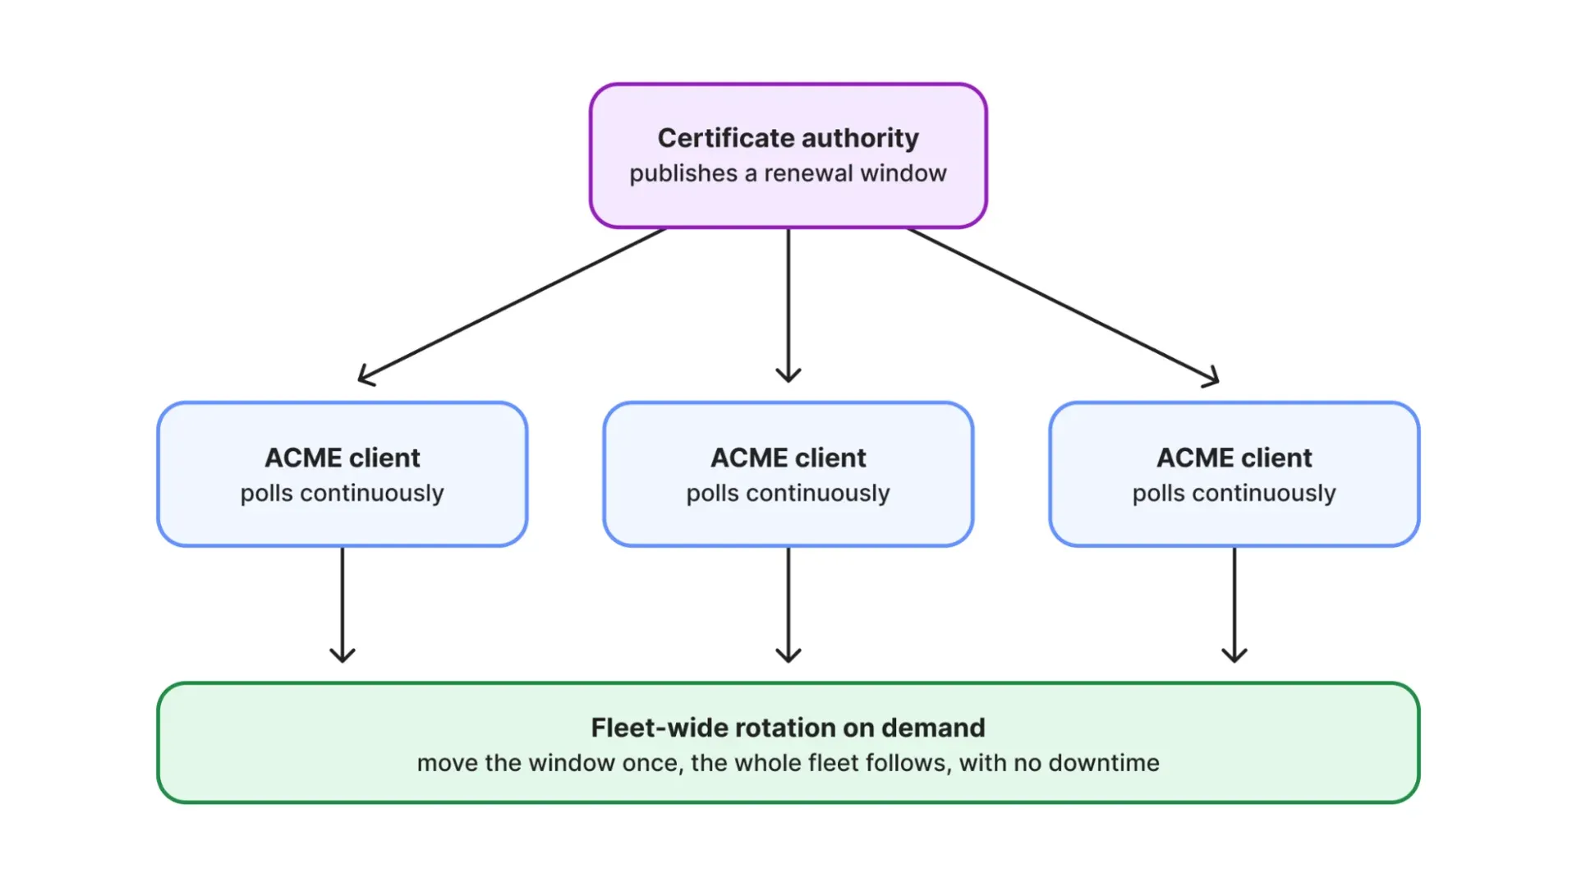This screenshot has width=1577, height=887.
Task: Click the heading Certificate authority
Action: click(788, 138)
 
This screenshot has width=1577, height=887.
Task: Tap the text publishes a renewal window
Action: click(788, 173)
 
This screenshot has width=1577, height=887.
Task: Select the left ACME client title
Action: click(343, 457)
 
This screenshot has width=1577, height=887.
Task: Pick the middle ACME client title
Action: click(788, 457)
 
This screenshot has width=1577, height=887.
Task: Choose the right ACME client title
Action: click(1234, 457)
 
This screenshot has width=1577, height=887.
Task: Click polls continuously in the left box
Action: click(343, 493)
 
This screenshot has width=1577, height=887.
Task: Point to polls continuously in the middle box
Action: click(788, 493)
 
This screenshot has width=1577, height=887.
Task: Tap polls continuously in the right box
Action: click(1234, 493)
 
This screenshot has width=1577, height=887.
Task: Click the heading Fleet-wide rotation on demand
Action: click(788, 728)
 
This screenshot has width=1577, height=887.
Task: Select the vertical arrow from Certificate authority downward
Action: click(788, 305)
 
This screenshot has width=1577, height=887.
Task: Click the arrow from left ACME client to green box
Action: click(343, 604)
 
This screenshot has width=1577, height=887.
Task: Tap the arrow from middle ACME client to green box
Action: click(788, 604)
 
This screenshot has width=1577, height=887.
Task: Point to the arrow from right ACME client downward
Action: click(1234, 604)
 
